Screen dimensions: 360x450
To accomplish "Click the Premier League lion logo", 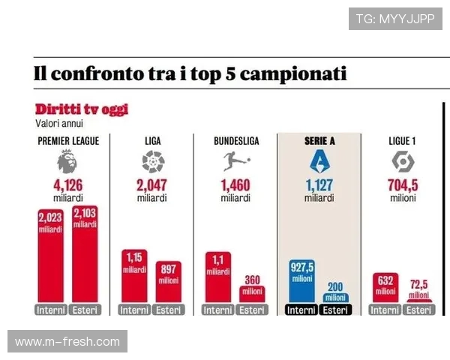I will click(x=67, y=161).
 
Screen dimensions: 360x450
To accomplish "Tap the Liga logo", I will click(x=152, y=161).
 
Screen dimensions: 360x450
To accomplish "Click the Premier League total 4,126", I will click(x=67, y=186).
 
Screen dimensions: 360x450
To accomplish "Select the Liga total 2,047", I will click(x=152, y=186).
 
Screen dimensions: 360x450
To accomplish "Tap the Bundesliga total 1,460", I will click(x=231, y=186).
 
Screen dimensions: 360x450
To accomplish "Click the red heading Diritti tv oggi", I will click(x=81, y=110).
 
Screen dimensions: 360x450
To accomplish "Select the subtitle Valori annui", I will click(x=58, y=123).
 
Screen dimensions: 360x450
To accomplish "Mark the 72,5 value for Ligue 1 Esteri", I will click(x=419, y=285).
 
